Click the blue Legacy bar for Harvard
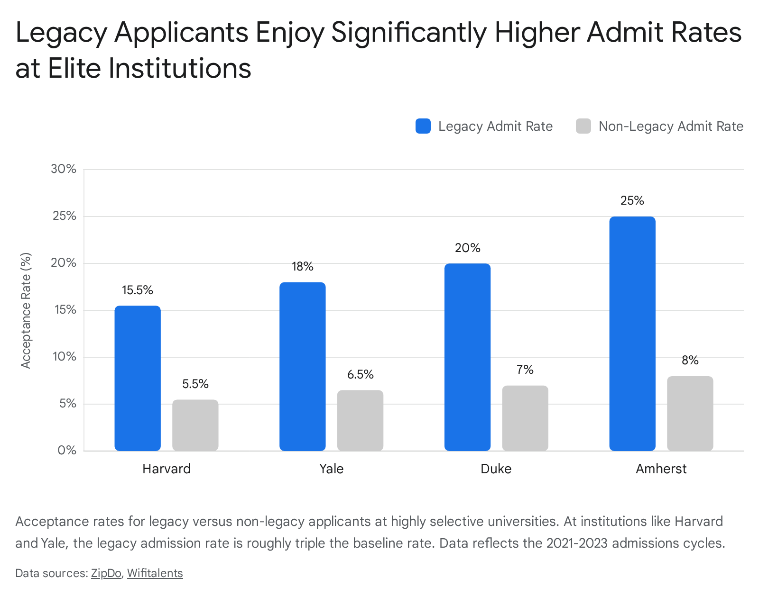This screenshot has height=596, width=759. coord(138,378)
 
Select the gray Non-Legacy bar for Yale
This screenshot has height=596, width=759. coord(360,420)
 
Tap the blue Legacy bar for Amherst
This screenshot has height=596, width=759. coord(632,334)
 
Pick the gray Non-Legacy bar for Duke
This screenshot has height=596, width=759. coord(525,418)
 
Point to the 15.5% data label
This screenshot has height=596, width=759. coord(138,290)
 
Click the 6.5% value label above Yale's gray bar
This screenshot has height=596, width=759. coord(360,374)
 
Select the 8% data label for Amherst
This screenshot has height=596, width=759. coord(690,361)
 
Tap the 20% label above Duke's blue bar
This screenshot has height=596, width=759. coord(467,248)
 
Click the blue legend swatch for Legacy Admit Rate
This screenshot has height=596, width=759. coord(423,126)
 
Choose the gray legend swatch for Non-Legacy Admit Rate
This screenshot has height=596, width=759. coord(583,126)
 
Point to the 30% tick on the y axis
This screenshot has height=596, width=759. coord(64,169)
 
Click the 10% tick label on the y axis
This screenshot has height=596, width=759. coord(64,357)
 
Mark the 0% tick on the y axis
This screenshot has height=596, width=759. coord(67,451)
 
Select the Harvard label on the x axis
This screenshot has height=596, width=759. coord(167,469)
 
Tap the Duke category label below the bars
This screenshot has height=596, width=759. coord(496,469)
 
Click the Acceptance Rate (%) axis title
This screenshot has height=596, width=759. coord(26,311)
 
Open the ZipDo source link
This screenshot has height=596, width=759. coord(106,573)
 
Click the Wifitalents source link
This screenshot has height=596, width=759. coord(155,573)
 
